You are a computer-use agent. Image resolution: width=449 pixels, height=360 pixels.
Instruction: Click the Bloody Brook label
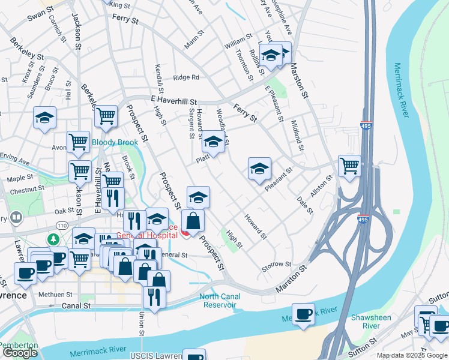115,142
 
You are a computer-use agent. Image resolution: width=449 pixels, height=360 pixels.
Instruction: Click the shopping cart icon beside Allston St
349,166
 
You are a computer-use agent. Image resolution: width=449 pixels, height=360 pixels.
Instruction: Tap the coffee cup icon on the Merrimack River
304,314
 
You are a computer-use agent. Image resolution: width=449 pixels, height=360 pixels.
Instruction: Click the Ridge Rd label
186,77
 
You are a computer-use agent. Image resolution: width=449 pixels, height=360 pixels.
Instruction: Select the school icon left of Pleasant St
259,169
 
